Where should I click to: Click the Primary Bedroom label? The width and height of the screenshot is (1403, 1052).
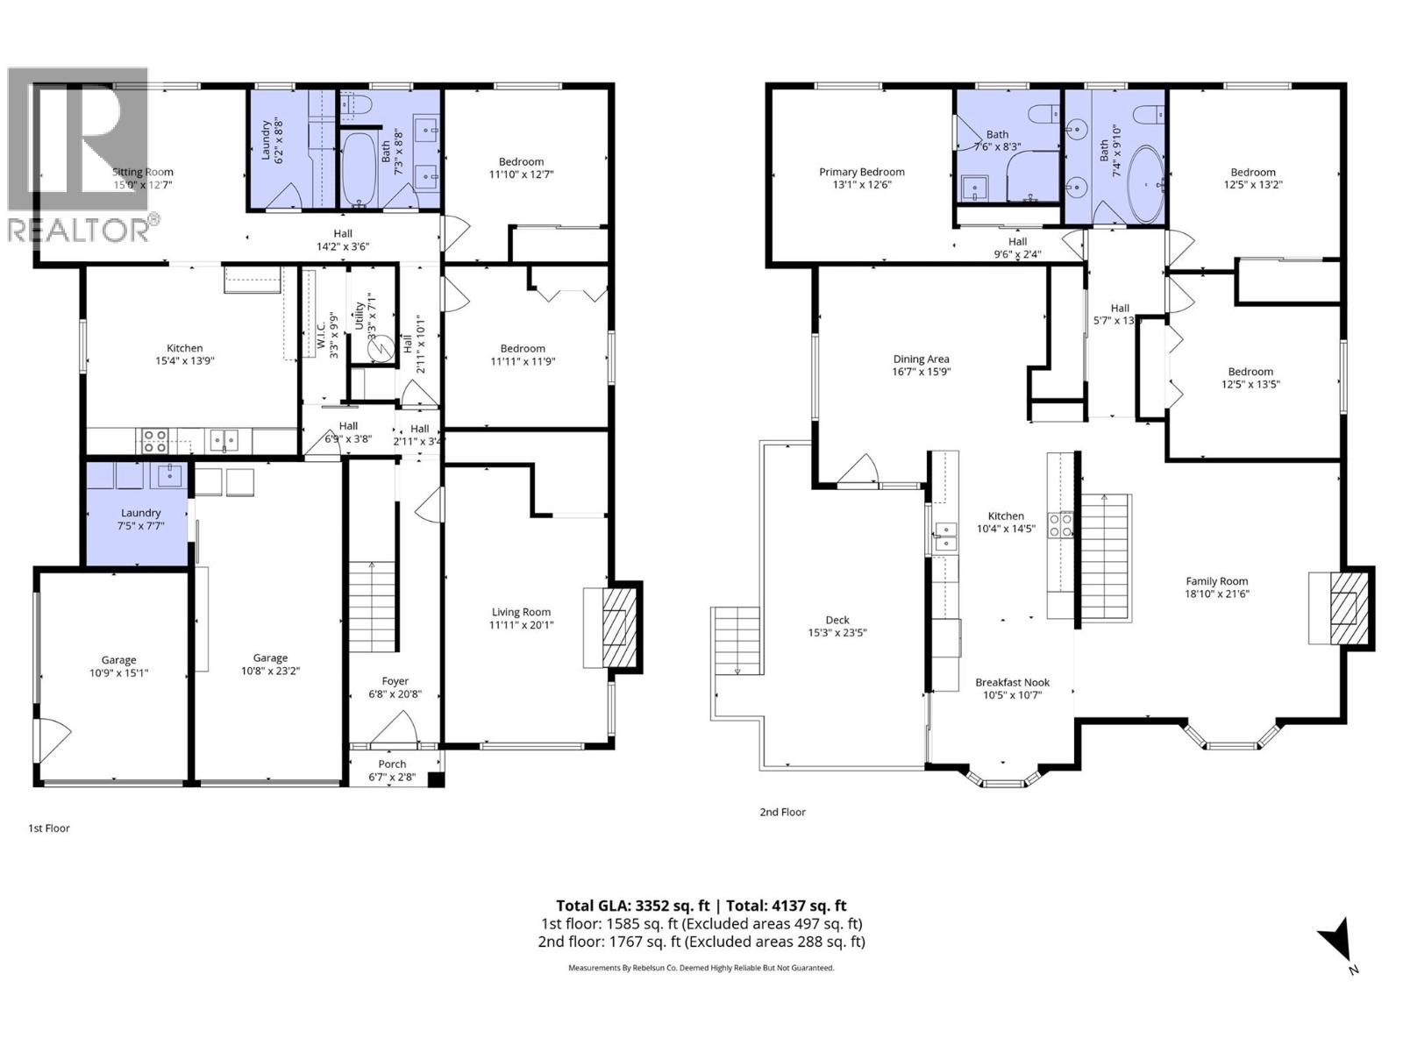tap(861, 172)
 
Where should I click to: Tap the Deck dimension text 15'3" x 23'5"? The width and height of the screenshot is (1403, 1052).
tap(837, 633)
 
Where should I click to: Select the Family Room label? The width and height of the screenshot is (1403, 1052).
tap(1216, 581)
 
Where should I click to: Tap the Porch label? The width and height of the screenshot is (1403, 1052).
tap(392, 764)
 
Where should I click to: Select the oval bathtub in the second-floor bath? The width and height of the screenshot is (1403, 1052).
tap(1143, 184)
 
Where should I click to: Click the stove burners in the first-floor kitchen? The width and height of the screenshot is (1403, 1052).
tap(155, 439)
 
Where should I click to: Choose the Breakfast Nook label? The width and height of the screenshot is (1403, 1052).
tap(1012, 683)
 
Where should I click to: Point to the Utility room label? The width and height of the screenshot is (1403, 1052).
tap(359, 315)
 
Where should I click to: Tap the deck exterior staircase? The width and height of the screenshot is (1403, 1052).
tap(737, 640)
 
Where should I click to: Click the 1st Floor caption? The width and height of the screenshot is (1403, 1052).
tap(49, 828)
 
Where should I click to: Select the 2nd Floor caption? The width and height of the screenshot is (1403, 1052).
tap(782, 813)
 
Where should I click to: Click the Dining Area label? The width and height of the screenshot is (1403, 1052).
tap(921, 359)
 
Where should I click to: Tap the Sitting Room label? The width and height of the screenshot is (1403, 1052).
tap(143, 172)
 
